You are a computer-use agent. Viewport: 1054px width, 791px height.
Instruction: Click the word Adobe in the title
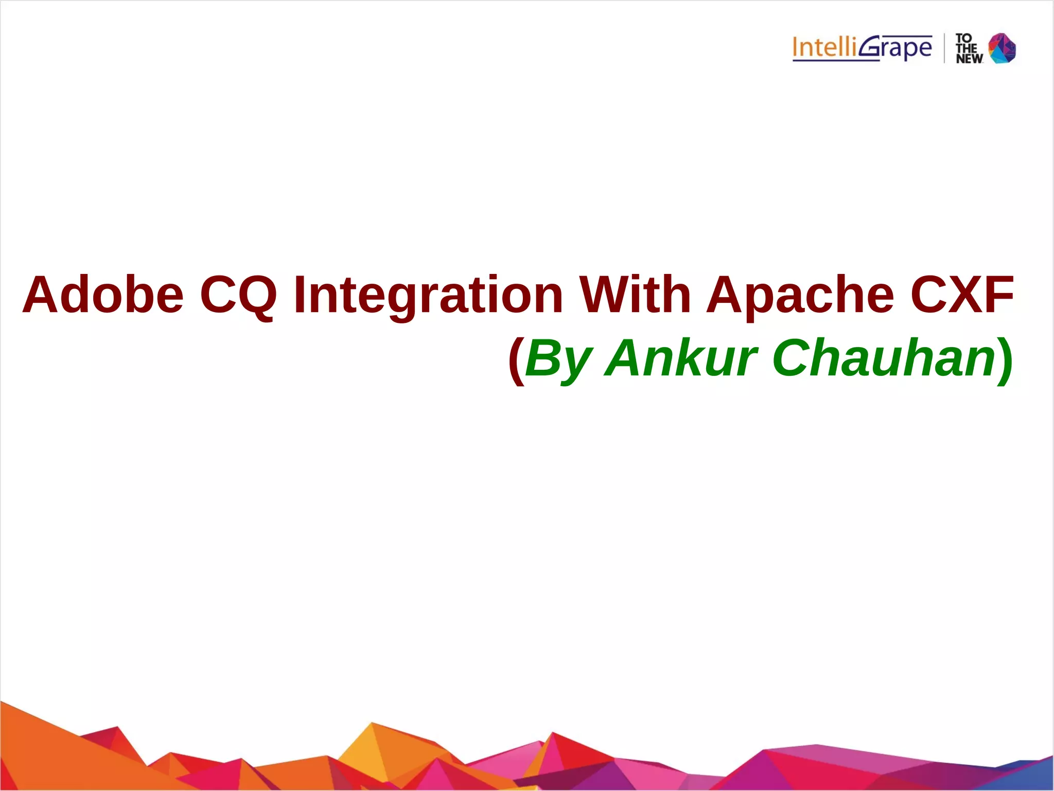click(x=103, y=295)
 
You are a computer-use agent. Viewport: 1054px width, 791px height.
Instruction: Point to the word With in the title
click(x=636, y=295)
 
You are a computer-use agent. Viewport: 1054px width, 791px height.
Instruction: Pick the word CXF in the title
click(x=962, y=295)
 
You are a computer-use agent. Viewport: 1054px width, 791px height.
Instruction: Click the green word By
click(x=558, y=359)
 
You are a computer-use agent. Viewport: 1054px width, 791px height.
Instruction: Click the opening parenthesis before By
click(x=516, y=360)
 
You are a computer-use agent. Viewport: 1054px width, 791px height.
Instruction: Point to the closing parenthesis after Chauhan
click(x=1005, y=360)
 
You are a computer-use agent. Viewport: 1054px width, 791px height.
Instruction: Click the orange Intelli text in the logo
click(x=825, y=47)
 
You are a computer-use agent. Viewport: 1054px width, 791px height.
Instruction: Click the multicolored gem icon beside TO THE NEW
click(x=1002, y=48)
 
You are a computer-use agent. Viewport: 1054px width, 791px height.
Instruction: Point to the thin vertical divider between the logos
click(x=944, y=48)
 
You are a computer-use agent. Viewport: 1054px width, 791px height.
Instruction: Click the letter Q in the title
click(x=257, y=296)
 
